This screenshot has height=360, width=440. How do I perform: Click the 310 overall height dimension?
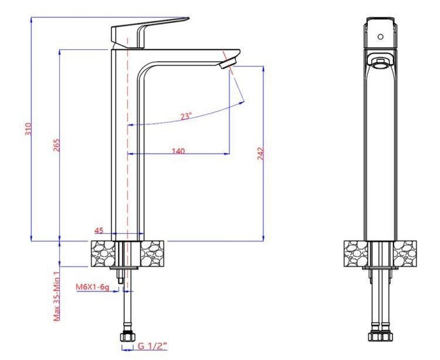coord(29,129)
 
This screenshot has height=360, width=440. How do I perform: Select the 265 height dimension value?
coord(56,145)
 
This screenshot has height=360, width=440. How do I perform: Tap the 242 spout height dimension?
coord(260,154)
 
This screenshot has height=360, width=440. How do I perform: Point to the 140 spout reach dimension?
coord(178,151)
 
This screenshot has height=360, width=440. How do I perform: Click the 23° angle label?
coord(186,116)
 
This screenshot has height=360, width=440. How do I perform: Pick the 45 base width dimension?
coord(99,230)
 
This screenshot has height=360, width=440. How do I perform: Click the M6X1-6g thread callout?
coord(92,287)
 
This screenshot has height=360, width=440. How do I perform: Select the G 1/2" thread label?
coord(153,346)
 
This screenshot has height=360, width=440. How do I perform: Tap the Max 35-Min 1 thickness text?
coord(57,294)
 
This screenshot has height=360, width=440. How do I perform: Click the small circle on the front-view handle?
coord(381,36)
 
